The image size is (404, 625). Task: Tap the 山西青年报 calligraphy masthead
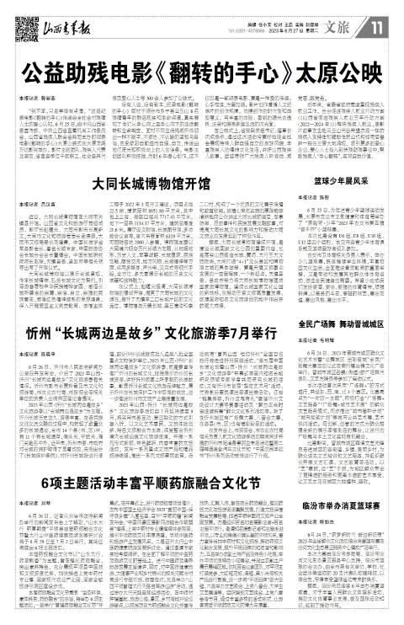tap(62, 15)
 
